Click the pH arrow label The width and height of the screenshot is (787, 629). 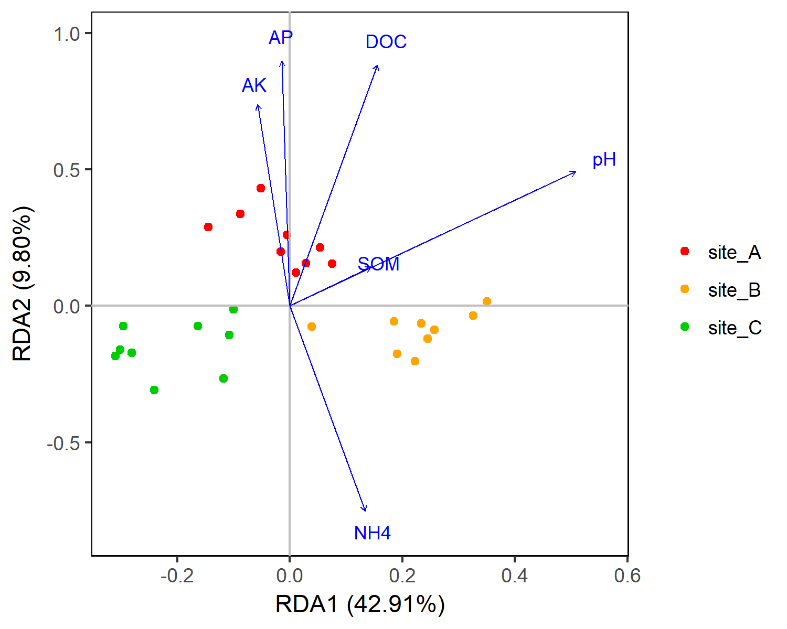(604, 160)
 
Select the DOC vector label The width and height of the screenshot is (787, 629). (386, 42)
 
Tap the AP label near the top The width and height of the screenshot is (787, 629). (281, 38)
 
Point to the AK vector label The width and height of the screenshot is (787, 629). (254, 85)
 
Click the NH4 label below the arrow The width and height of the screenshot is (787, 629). (372, 533)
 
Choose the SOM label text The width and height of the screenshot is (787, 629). (378, 264)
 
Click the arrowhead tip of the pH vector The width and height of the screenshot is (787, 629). (576, 172)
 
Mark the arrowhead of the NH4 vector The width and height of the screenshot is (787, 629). (365, 511)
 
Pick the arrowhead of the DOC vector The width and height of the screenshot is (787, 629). (378, 66)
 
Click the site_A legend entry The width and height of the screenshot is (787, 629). (734, 253)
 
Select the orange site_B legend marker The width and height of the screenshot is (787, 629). (684, 289)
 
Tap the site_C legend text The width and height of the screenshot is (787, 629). (735, 328)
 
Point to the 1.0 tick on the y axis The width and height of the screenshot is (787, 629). (66, 34)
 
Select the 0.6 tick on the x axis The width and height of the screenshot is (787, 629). (628, 576)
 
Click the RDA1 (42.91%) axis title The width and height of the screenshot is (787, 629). (360, 604)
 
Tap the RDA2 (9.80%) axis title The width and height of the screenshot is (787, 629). (23, 284)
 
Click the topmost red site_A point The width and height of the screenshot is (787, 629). (261, 188)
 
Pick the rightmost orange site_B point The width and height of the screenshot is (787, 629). (487, 301)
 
